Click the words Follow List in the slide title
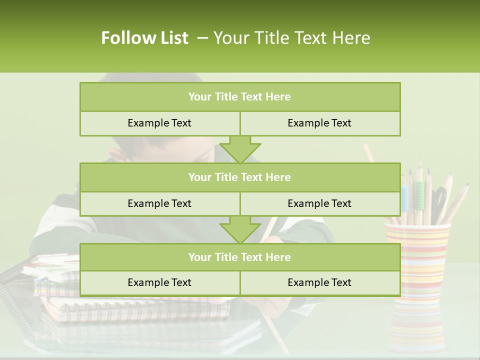144,38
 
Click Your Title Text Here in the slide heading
291,38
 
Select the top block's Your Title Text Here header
239,97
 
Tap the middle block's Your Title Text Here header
239,177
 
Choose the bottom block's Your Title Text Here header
239,257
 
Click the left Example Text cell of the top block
159,123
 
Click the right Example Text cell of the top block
319,123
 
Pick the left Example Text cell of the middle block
159,203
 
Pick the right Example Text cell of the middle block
319,203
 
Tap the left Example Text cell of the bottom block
159,282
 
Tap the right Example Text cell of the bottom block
319,282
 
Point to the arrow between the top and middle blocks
240,149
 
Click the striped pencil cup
417,260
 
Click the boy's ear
116,154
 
